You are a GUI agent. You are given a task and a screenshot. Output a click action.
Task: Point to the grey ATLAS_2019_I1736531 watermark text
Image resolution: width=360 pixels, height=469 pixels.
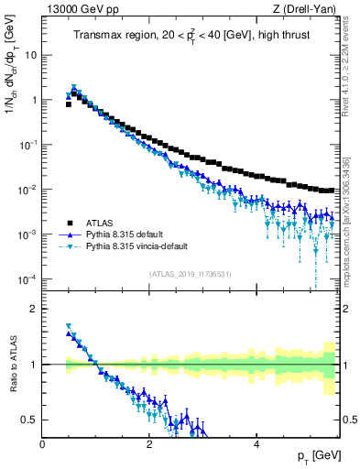190,273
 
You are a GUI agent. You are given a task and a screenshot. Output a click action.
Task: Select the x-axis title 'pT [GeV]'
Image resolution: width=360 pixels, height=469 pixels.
311,455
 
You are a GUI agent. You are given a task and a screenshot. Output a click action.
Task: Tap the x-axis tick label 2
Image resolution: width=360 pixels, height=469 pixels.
149,442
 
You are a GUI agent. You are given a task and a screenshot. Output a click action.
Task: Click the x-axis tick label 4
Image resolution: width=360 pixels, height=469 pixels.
256,442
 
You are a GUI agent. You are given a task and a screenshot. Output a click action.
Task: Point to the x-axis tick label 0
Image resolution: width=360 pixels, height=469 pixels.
43,442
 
